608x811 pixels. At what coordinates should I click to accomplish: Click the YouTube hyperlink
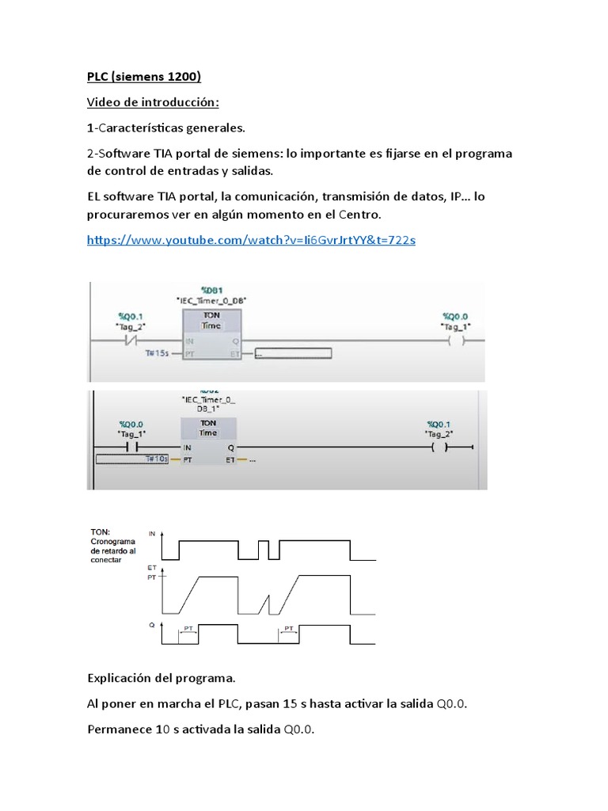coord(250,238)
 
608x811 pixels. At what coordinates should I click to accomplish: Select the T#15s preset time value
coord(158,353)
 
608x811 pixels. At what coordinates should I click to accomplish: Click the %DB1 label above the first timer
coord(211,291)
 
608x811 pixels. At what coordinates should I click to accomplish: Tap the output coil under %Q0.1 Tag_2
coord(440,448)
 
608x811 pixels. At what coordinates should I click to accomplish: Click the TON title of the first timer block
coord(211,314)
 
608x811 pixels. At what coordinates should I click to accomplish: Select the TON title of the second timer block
coord(208,423)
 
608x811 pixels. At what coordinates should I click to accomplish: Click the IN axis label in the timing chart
coord(152,535)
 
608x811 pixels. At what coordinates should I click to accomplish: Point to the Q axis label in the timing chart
coord(151,625)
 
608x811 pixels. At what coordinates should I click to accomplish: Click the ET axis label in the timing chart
coord(151,569)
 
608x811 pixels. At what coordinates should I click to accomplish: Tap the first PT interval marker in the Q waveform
coord(188,629)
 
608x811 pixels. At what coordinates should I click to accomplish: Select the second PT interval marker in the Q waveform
coord(289,629)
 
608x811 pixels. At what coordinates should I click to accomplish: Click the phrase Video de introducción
coord(152,103)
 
